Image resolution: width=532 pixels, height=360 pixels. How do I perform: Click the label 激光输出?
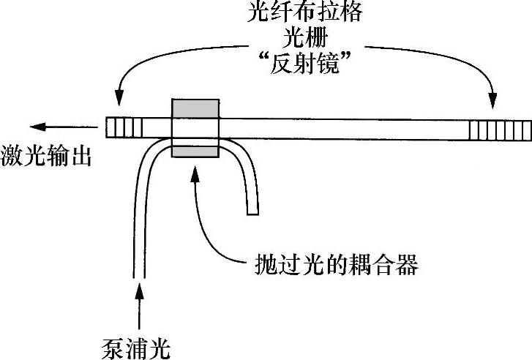tap(46, 157)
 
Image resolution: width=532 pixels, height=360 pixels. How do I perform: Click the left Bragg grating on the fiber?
tap(125, 129)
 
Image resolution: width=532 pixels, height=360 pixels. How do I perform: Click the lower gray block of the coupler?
tap(194, 151)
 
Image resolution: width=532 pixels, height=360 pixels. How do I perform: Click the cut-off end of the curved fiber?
tap(252, 212)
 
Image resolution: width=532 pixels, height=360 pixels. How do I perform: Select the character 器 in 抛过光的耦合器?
tap(405, 263)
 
